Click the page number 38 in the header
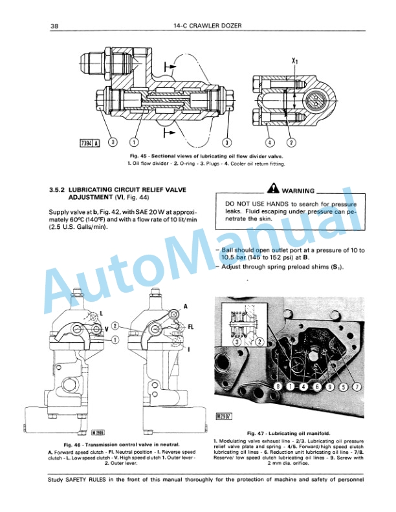[x=54, y=26]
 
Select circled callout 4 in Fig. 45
[x=270, y=142]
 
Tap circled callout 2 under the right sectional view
[x=291, y=142]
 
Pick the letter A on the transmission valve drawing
[x=186, y=306]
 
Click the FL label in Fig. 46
[x=191, y=327]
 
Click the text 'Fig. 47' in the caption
[x=257, y=432]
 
